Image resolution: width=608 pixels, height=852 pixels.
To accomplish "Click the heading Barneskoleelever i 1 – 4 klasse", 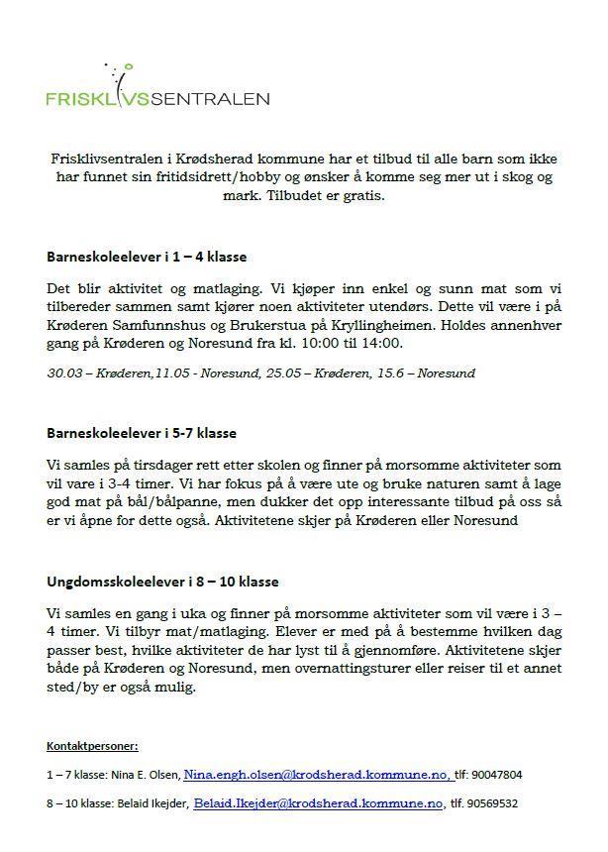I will pos(147,257).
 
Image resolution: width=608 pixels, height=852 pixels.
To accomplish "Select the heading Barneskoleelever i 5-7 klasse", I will pos(142,433).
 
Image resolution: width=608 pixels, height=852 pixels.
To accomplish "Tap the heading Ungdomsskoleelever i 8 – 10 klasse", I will pos(162,582).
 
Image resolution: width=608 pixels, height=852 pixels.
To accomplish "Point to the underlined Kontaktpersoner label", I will pos(92,745).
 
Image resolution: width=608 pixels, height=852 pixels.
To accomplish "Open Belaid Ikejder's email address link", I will pos(318,804).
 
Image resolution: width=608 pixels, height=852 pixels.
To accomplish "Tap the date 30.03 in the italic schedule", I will pos(63,373).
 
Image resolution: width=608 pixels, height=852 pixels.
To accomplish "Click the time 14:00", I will pos(383,343).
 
